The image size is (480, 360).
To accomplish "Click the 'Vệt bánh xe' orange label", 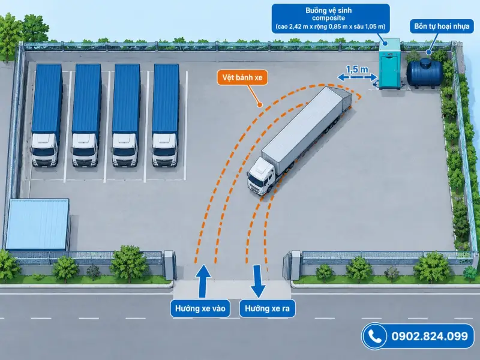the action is click(242, 77).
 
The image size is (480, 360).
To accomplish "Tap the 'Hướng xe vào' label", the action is click(200, 308).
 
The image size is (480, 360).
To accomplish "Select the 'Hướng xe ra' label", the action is click(267, 308).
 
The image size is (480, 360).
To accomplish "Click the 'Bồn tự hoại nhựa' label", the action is click(442, 26).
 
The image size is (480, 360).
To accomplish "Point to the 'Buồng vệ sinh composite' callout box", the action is click(331, 19).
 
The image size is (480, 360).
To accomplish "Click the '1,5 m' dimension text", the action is click(357, 70).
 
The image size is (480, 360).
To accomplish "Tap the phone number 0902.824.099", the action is click(430, 336).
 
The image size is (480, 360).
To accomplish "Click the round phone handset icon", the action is click(374, 336).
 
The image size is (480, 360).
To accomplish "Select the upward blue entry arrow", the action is click(202, 281).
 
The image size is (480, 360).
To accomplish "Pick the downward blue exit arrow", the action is click(257, 281).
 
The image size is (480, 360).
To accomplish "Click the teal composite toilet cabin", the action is click(389, 64).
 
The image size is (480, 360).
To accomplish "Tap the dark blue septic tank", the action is click(425, 73).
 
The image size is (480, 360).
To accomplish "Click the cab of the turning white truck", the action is click(260, 176).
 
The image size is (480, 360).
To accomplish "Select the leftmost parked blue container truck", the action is click(46, 115).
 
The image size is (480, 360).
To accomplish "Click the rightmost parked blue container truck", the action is click(166, 115).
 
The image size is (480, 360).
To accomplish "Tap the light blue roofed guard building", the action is click(37, 224).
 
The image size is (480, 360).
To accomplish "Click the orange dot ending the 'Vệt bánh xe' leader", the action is click(260, 104).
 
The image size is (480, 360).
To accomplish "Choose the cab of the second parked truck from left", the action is click(85, 150).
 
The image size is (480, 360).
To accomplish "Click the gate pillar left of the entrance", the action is click(169, 265).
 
